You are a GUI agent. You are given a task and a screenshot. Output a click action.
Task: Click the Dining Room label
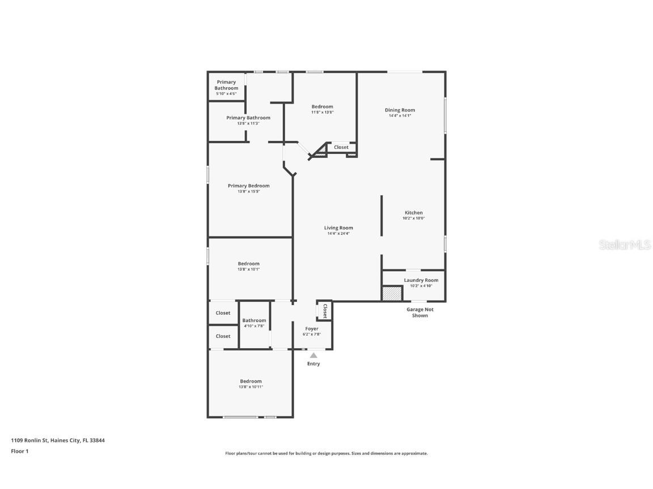[x=400, y=110]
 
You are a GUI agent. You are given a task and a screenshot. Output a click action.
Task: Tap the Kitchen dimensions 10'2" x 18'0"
[x=414, y=218]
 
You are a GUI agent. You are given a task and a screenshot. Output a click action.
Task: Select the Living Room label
[x=338, y=228]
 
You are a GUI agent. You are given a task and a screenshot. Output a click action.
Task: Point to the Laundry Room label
[x=421, y=280]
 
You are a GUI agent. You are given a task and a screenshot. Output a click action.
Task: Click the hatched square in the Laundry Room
[x=392, y=294]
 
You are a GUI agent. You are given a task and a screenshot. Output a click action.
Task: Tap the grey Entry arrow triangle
[x=313, y=355]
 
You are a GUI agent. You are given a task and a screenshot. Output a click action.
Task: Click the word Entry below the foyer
[x=313, y=364]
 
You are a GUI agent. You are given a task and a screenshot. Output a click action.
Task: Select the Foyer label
[x=312, y=329]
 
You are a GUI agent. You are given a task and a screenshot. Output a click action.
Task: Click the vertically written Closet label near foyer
[x=325, y=311]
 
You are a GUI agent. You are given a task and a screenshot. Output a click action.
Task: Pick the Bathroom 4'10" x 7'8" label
[x=254, y=320]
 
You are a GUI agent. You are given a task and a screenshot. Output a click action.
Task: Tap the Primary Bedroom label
[x=248, y=186]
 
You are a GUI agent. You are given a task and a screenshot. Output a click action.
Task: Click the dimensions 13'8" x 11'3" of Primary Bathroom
[x=248, y=124]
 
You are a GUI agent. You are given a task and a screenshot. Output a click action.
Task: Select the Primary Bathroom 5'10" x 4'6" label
[x=226, y=88]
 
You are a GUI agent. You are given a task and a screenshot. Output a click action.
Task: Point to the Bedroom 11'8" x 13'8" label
[x=322, y=109]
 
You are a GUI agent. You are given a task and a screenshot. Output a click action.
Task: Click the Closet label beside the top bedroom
[x=341, y=147]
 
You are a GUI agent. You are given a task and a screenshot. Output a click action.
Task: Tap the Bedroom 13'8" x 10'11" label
[x=251, y=384]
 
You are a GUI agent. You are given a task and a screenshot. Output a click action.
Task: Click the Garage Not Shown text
[x=419, y=312]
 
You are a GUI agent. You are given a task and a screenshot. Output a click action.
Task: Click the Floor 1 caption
[x=19, y=451]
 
